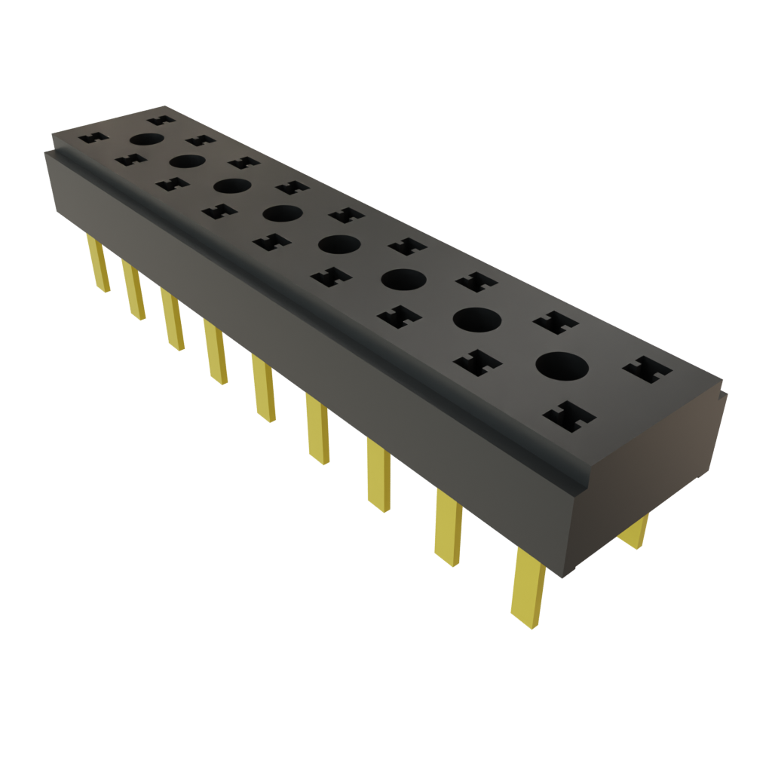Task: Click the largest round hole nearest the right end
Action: click(x=562, y=367)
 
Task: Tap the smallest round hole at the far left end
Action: click(x=147, y=139)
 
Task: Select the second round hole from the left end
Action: click(x=188, y=161)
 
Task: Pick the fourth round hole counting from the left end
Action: click(x=283, y=213)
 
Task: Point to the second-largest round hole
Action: click(x=476, y=320)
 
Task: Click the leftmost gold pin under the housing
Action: click(x=97, y=263)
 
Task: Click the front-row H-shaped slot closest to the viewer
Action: click(x=569, y=416)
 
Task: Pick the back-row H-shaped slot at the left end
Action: click(x=160, y=118)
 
